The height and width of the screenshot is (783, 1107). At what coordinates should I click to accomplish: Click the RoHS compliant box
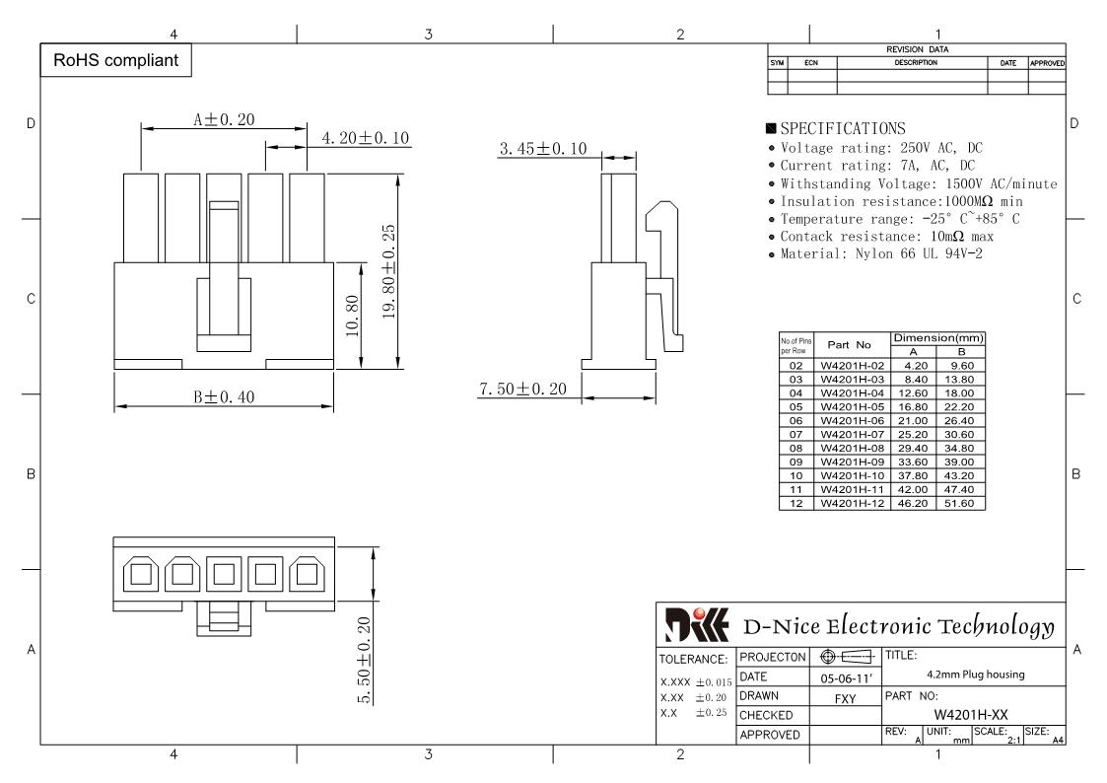(x=115, y=60)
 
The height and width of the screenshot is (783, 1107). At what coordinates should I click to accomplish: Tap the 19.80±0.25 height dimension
(x=389, y=272)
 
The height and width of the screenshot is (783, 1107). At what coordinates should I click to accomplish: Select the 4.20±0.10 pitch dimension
(x=366, y=138)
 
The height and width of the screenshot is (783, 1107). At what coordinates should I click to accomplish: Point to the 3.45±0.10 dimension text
(x=543, y=148)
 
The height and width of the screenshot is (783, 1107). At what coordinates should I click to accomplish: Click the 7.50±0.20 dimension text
(x=523, y=389)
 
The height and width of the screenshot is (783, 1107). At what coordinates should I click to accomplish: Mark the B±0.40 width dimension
(x=224, y=396)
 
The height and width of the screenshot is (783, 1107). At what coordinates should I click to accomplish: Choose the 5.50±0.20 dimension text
(x=365, y=660)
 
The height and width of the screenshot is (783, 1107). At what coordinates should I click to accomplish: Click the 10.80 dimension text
(x=352, y=316)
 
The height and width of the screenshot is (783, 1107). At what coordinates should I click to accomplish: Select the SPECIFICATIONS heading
(x=836, y=128)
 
